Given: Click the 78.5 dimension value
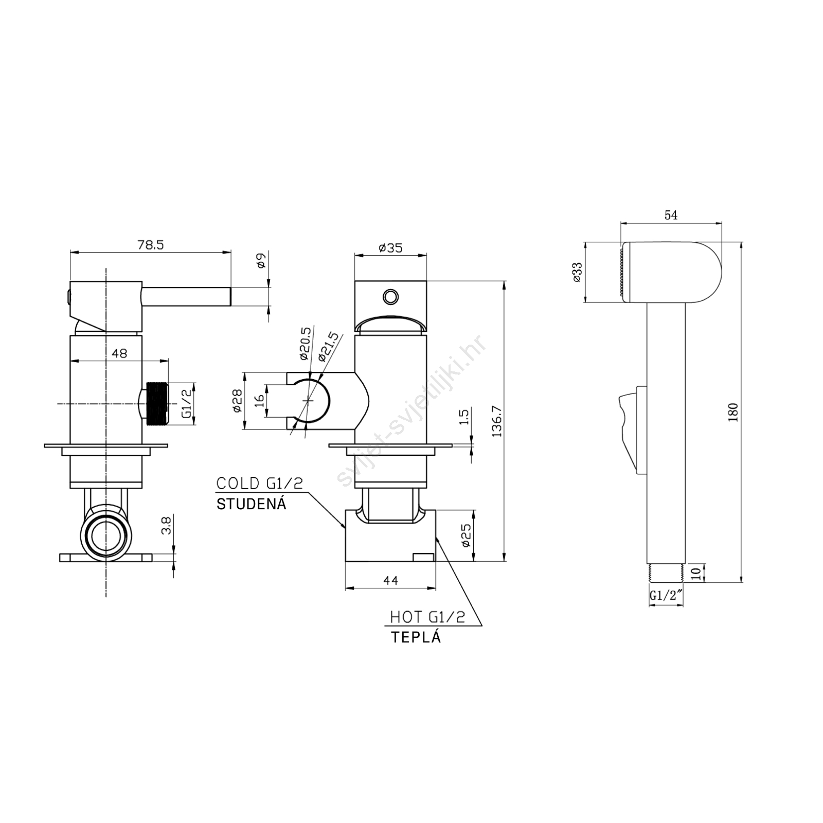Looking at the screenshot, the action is click(151, 245).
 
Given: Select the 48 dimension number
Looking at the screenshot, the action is click(119, 353).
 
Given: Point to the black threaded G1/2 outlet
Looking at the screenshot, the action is click(157, 404).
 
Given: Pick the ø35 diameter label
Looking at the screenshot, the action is click(390, 247).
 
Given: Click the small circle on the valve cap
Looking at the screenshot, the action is click(390, 296).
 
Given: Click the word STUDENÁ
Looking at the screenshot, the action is click(251, 504).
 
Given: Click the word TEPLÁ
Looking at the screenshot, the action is click(416, 637).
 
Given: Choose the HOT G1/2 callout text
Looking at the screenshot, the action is click(427, 617).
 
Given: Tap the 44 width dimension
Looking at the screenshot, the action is click(391, 580).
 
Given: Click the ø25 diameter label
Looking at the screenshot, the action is click(466, 535).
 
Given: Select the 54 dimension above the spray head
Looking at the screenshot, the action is click(671, 215).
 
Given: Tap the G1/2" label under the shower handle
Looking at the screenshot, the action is click(666, 596).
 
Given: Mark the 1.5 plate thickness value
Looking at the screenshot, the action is click(464, 417).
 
